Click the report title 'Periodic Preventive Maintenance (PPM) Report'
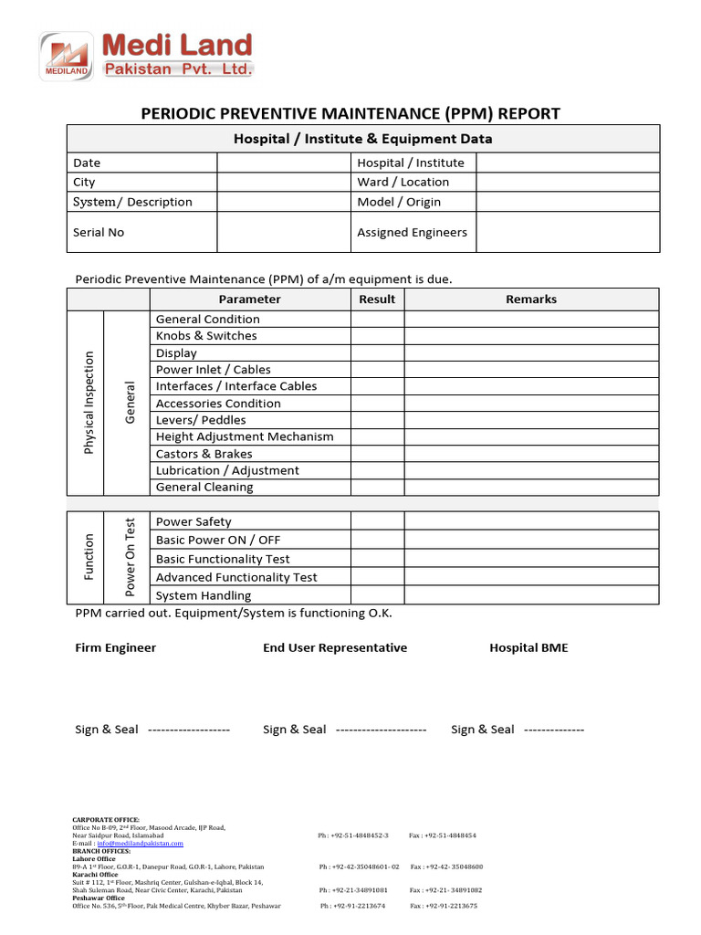coord(350,113)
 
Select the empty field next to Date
coord(284,163)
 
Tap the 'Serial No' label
coord(99,232)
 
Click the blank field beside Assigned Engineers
coord(567,232)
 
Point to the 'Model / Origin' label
coord(399,202)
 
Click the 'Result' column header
coord(377,299)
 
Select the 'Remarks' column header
coord(531,299)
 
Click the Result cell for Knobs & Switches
coord(377,336)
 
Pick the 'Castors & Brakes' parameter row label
coord(204,454)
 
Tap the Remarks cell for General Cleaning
coord(531,488)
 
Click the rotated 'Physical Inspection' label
coord(89,403)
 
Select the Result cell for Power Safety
coord(377,521)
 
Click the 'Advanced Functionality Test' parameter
coord(236,577)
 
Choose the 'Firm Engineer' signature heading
coord(115,647)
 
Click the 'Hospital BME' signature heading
coord(528,647)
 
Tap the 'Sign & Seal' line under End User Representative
coord(344,730)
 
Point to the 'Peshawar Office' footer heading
coord(99,898)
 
